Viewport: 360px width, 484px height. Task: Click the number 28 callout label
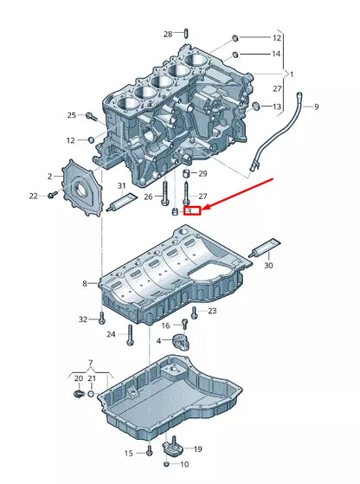click(168, 34)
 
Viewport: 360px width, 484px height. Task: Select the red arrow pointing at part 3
click(239, 194)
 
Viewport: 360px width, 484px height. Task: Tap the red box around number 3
click(194, 210)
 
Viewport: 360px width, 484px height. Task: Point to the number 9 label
click(317, 106)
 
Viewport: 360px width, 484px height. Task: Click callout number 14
click(277, 54)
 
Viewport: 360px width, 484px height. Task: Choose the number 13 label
click(277, 106)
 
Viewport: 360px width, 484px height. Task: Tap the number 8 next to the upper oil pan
click(85, 283)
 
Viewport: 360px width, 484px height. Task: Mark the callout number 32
click(83, 319)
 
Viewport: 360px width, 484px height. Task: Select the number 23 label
click(212, 311)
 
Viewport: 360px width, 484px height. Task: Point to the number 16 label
click(165, 326)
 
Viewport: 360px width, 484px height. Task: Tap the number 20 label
click(78, 378)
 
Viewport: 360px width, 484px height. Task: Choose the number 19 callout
click(197, 449)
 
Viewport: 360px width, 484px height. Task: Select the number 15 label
click(128, 453)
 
